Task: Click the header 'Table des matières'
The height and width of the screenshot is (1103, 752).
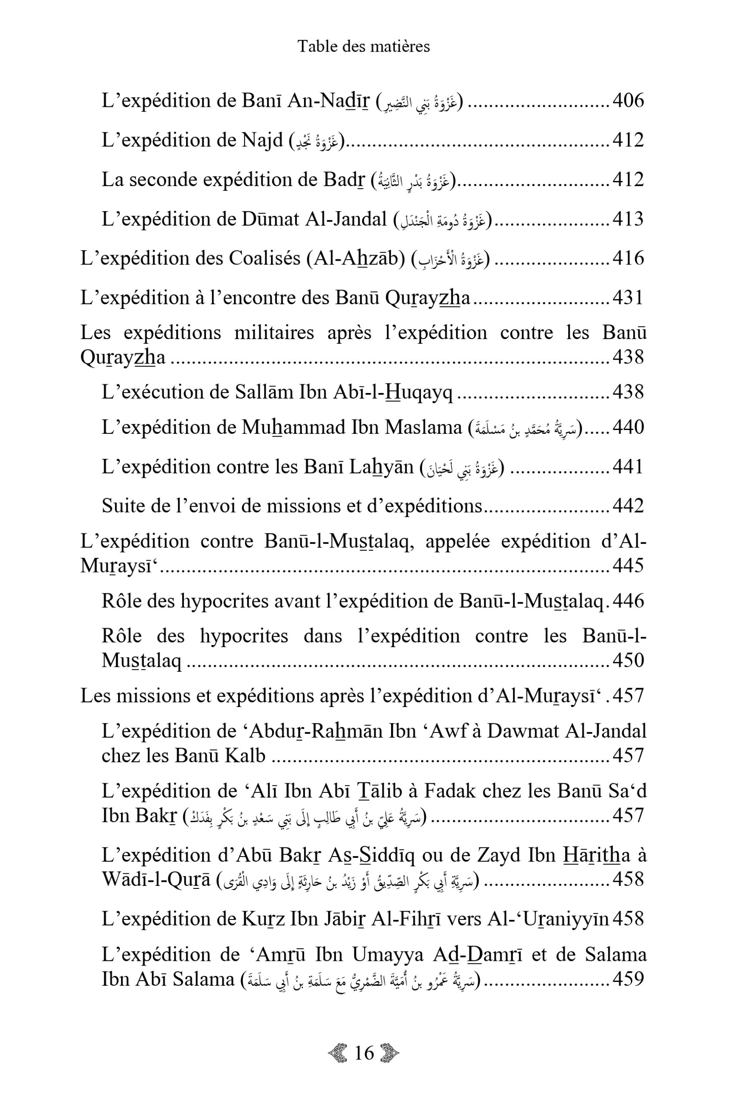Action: pyautogui.click(x=364, y=46)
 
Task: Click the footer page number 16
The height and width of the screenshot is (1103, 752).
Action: pyautogui.click(x=364, y=1053)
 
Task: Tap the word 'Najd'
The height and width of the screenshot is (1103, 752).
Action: pyautogui.click(x=262, y=140)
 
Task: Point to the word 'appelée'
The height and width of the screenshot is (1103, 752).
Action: pyautogui.click(x=457, y=541)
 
